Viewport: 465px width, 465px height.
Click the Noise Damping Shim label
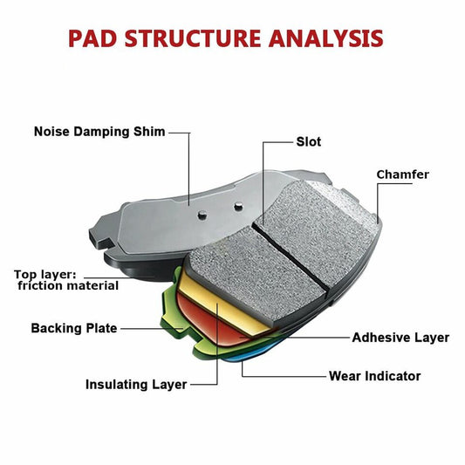coord(98,133)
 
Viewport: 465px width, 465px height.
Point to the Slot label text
coord(309,141)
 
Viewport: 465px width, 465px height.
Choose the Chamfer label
coord(402,174)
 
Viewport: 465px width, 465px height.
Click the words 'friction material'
coord(68,286)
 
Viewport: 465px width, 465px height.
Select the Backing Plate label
coord(73,329)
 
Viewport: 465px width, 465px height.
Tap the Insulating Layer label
coord(135,385)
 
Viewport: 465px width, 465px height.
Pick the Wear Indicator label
coord(374,376)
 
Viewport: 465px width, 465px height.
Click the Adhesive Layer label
coord(400,338)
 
